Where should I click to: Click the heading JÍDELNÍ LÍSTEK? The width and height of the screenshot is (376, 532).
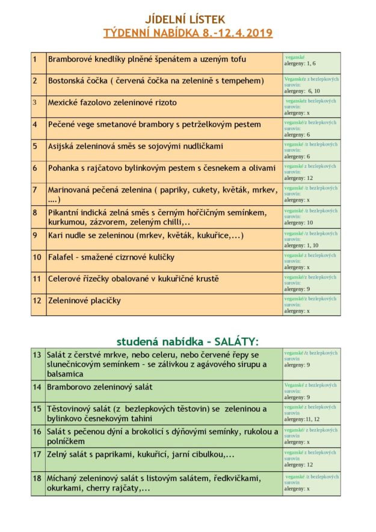[188, 20]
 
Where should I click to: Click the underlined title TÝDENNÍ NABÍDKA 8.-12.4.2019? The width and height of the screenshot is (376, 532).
[188, 32]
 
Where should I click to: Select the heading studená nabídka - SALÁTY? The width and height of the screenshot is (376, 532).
[188, 342]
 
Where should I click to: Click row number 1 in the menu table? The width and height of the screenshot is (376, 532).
[35, 60]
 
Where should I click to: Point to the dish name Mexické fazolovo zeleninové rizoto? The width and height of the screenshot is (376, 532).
[112, 102]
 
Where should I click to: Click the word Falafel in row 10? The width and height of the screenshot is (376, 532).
[60, 257]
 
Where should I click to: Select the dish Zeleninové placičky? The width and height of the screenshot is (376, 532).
[84, 300]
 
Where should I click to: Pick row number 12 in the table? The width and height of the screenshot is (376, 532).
[37, 300]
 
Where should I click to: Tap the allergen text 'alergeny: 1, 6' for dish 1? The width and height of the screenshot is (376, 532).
[300, 63]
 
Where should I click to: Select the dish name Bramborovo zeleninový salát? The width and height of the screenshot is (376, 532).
[100, 387]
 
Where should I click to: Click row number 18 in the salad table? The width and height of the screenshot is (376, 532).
[37, 478]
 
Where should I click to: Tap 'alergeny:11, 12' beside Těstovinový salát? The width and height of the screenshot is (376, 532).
[302, 419]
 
